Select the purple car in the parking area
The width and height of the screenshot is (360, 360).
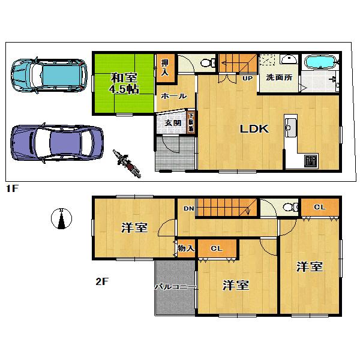pyautogui.click(x=52, y=143)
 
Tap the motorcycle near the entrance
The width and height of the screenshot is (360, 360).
pyautogui.click(x=127, y=163)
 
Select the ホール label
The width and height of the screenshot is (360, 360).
pyautogui.click(x=174, y=96)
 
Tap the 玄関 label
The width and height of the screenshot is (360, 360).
pyautogui.click(x=172, y=122)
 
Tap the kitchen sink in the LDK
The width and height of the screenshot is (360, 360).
pyautogui.click(x=291, y=127)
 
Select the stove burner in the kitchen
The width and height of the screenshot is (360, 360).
pyautogui.click(x=310, y=160)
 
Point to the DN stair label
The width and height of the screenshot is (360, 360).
pyautogui.click(x=188, y=208)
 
